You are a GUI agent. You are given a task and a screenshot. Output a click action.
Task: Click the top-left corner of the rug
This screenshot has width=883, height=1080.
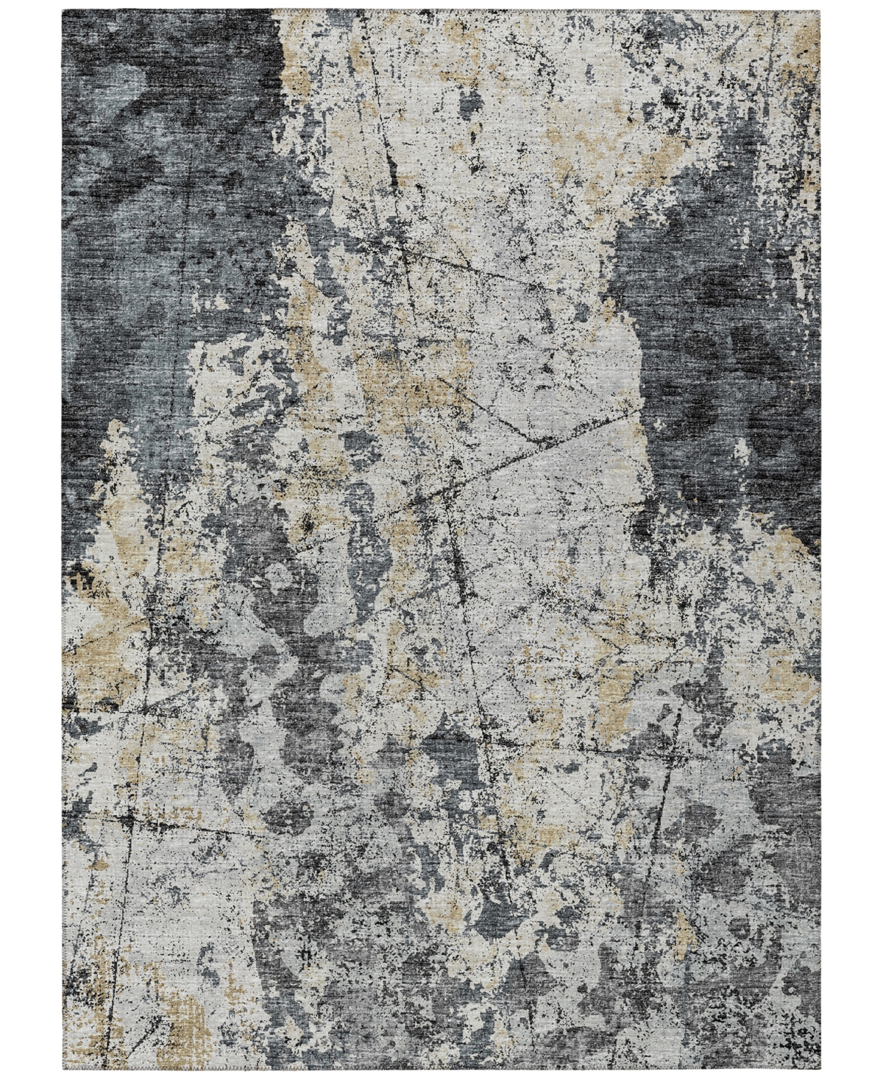coord(64,11)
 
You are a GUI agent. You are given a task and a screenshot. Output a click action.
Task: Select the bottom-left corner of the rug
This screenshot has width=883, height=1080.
coord(64,1069)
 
